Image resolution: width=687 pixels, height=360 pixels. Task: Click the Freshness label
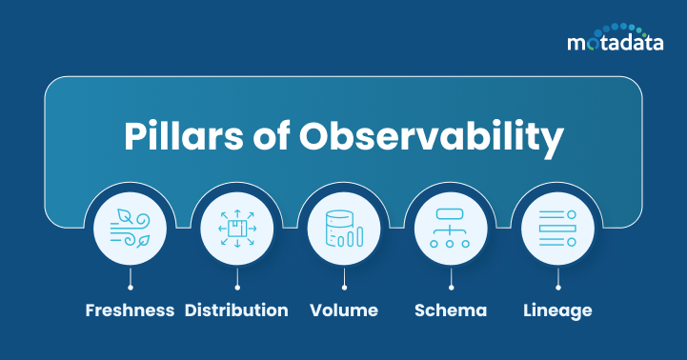[x=130, y=310]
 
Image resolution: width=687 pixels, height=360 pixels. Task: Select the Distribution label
[x=236, y=310]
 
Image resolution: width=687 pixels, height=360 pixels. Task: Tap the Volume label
[x=344, y=310]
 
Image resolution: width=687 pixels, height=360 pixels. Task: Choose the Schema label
[x=451, y=310]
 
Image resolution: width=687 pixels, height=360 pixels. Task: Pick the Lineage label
[x=557, y=310]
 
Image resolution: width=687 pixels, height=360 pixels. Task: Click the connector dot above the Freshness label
[x=130, y=286]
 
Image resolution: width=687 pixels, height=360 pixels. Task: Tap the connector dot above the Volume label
[x=344, y=286]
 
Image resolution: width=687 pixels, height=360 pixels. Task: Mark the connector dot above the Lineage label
[x=557, y=286]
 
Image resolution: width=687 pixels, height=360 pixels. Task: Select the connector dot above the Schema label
[x=451, y=286]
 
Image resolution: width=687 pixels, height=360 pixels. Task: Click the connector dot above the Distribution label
[x=236, y=286]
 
